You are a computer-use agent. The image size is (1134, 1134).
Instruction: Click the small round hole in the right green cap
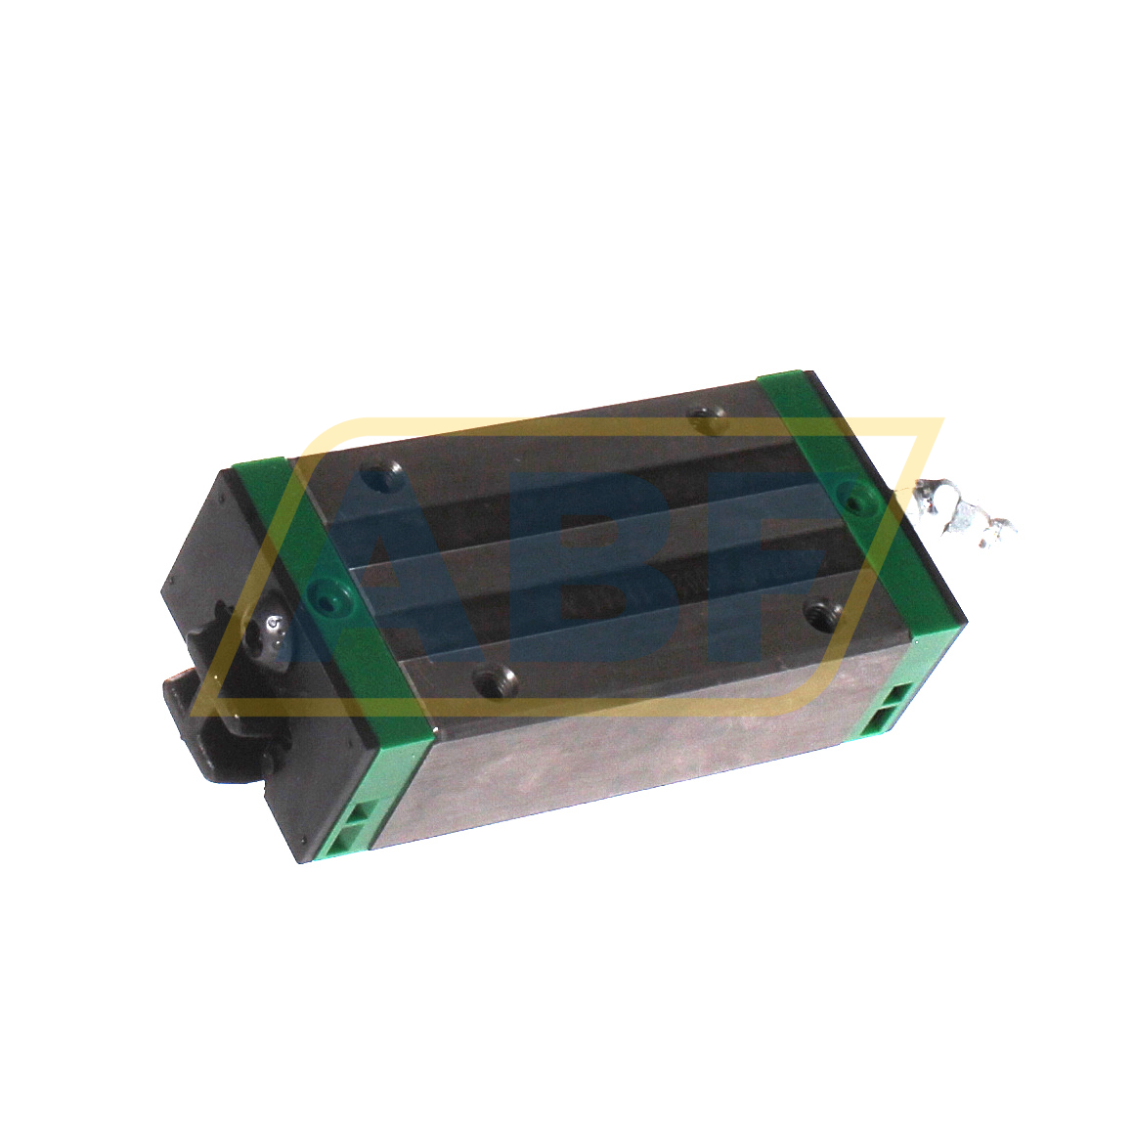857,499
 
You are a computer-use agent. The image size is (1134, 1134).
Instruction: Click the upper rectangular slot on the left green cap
364,813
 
